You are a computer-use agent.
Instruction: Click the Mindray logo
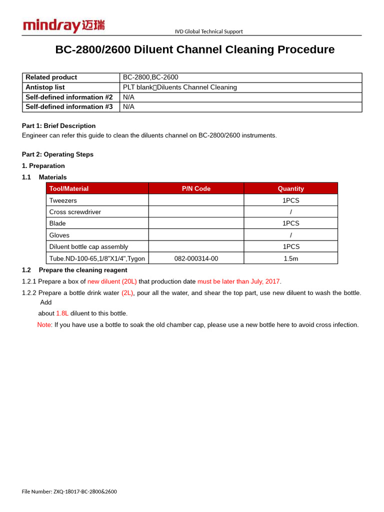[63, 25]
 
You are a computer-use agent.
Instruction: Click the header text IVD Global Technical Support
[208, 31]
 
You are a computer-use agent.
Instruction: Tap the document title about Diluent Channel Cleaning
[194, 49]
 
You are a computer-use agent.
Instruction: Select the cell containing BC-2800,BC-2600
[150, 77]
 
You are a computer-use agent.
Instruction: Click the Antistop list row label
[45, 87]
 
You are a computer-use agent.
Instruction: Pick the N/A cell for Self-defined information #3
[128, 107]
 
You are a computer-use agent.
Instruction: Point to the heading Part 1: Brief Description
[58, 126]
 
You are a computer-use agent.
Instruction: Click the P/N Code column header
[196, 188]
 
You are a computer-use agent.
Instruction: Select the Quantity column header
[290, 188]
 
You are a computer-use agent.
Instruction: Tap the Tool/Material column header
[69, 188]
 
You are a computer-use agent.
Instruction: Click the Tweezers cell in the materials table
[63, 200]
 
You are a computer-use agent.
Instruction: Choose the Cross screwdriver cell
[75, 212]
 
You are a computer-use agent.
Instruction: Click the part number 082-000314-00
[196, 258]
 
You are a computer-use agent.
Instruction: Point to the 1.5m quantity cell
[290, 258]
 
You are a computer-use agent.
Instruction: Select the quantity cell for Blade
[290, 223]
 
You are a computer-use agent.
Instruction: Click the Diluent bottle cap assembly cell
[88, 246]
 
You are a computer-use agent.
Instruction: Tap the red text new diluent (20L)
[112, 281]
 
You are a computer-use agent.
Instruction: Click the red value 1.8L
[62, 313]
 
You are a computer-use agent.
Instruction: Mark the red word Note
[44, 325]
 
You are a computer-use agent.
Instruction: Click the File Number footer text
[69, 491]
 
